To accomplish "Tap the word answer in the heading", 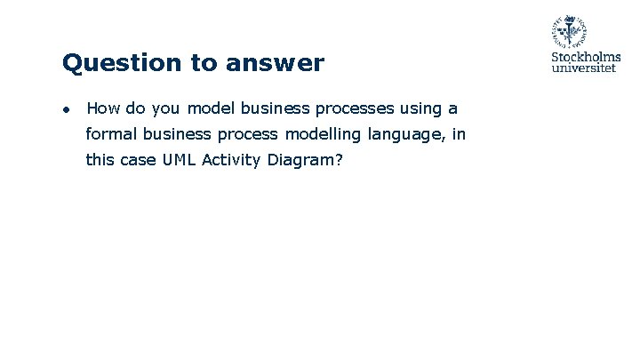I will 276,64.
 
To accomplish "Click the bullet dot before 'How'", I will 66,109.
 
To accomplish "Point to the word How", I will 103,108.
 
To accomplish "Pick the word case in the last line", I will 136,161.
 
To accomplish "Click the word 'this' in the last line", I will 100,160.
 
